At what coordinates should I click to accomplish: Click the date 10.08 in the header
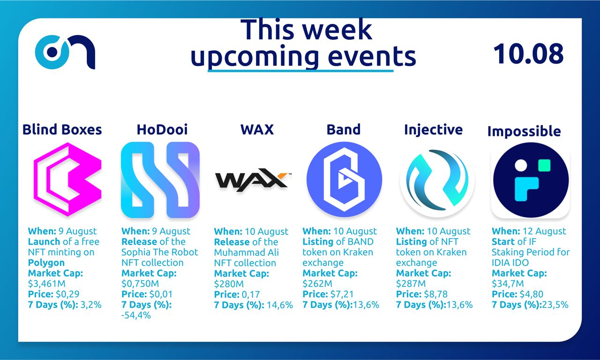point(528,53)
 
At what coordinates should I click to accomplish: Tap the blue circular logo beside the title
point(65,52)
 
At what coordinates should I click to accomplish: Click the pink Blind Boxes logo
point(67,180)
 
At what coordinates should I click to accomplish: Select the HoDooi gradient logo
point(160,180)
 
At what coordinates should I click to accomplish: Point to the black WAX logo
point(253,180)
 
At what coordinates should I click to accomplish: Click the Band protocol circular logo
point(344,180)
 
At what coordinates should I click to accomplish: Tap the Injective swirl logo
point(437,180)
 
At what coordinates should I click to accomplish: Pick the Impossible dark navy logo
point(531,180)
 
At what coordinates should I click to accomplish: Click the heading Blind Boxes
point(62,130)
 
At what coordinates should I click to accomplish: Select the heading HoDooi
point(162,130)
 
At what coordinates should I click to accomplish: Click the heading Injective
point(434,130)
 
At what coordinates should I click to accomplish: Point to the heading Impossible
point(524,132)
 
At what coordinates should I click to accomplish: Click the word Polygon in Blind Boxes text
point(46,263)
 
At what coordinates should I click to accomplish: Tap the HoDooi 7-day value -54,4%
point(136,315)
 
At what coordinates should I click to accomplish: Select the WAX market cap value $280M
point(229,284)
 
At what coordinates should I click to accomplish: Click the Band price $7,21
point(342,294)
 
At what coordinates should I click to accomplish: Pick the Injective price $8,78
point(435,294)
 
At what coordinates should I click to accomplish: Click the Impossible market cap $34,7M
point(508,284)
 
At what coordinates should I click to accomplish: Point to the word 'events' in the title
point(372,57)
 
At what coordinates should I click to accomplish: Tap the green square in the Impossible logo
point(544,165)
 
